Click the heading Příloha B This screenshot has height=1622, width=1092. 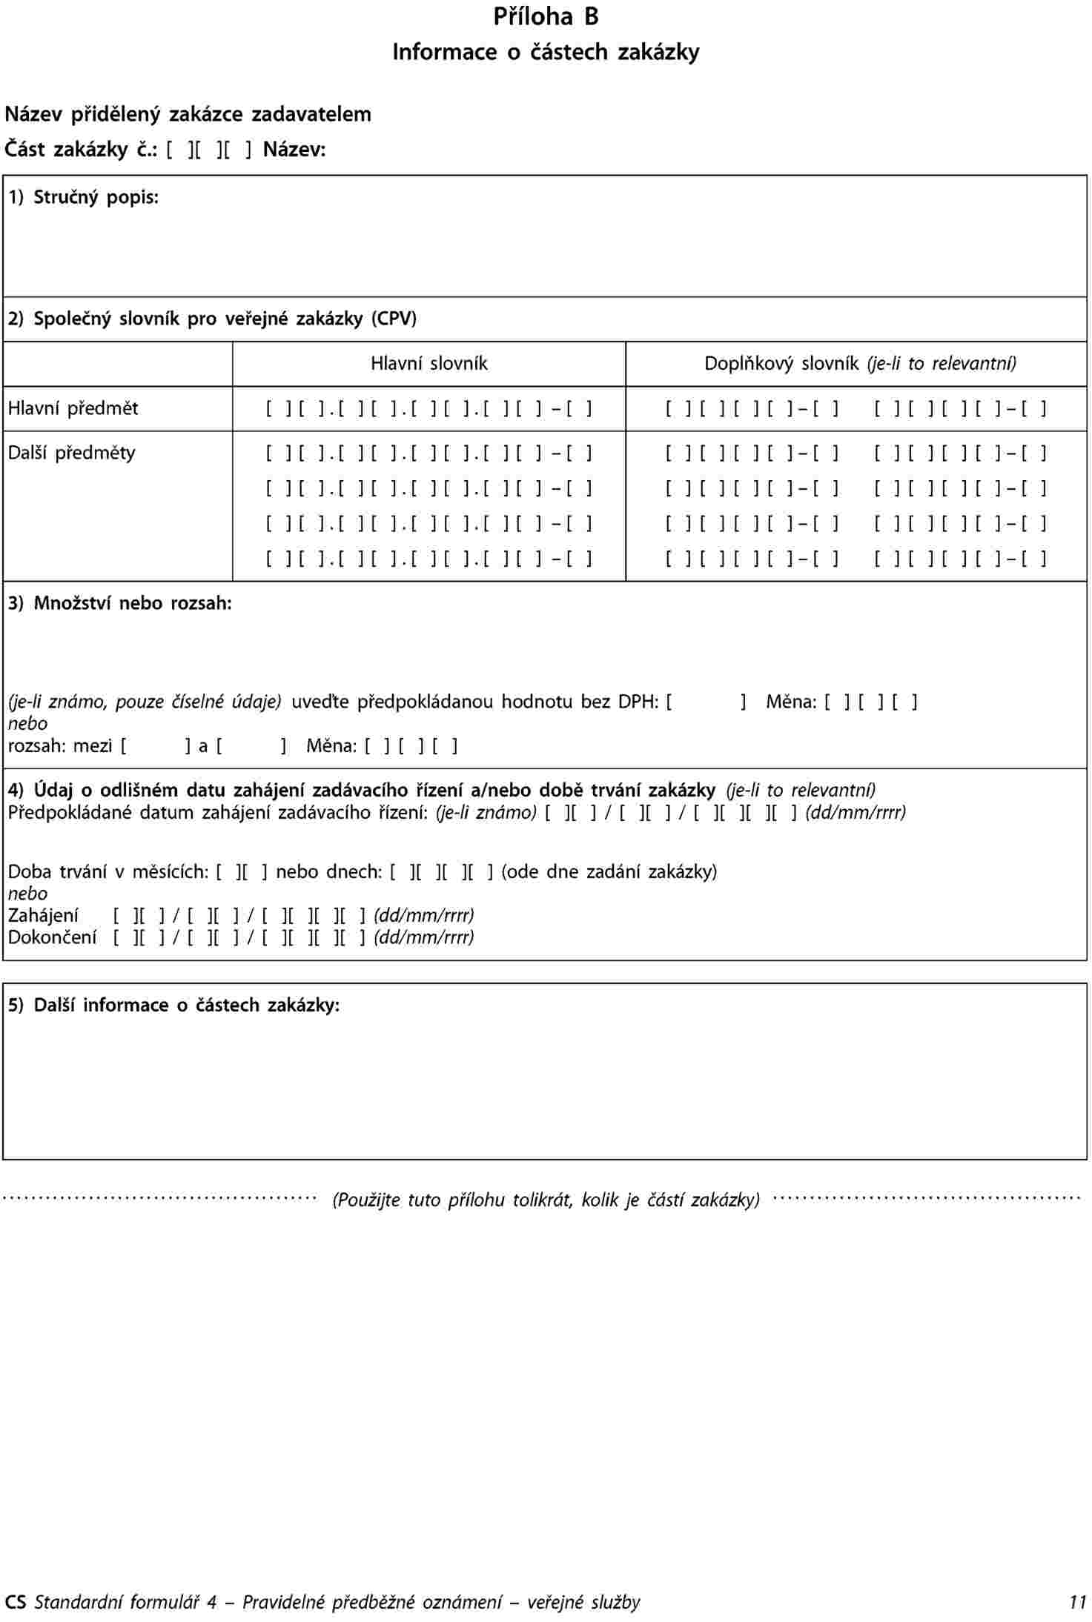click(546, 17)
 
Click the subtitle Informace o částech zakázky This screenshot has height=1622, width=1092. click(546, 53)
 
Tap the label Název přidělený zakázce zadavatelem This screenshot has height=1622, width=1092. click(188, 114)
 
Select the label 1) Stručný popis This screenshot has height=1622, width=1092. click(83, 197)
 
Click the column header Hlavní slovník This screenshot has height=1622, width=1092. click(428, 364)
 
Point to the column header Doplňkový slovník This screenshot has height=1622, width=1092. click(781, 364)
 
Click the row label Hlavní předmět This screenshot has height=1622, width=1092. click(73, 408)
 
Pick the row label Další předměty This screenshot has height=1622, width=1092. click(71, 453)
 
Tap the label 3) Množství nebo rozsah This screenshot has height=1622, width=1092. click(119, 603)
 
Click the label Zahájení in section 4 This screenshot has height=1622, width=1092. click(43, 916)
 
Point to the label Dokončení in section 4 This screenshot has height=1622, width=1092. click(52, 937)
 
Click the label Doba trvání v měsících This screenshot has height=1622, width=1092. click(107, 871)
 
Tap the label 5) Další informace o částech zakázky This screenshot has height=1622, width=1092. click(173, 1005)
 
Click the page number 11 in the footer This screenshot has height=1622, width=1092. click(1077, 1602)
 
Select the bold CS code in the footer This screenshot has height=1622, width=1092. click(15, 1602)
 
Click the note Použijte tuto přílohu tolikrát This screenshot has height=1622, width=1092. click(546, 1199)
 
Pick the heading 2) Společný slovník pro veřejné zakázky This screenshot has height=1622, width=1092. click(212, 319)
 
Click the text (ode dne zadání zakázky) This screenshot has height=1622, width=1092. click(609, 871)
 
